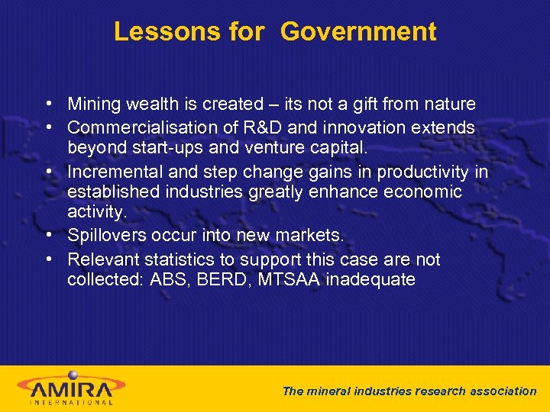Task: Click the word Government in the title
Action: coord(358,32)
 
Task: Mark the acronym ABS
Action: coord(174,280)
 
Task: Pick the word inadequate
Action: coord(370,280)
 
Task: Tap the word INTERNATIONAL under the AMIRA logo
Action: coord(71,402)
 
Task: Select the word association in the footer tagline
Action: coord(500,391)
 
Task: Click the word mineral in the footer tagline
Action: coord(328,391)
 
